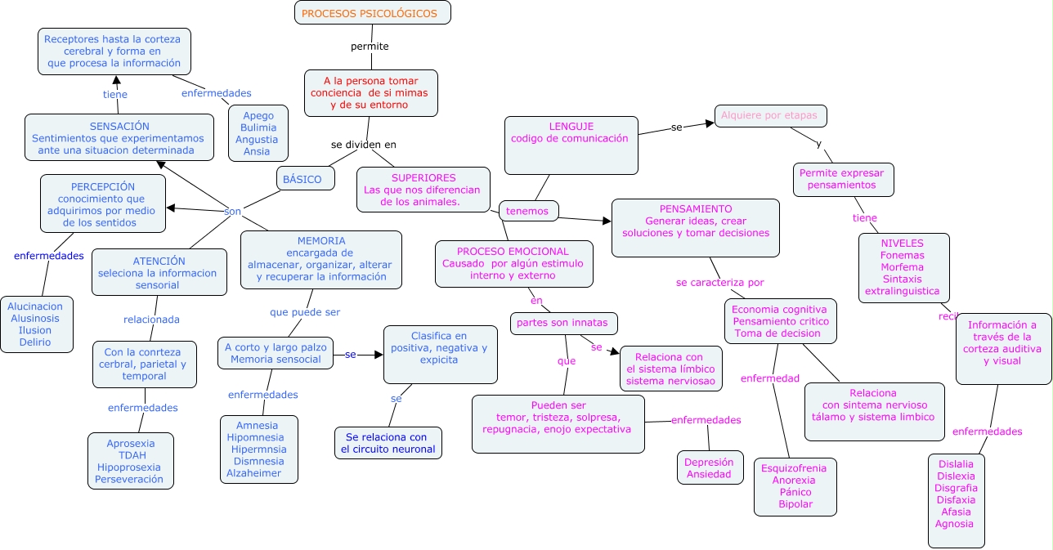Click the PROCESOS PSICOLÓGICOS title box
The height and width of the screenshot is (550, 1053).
[x=372, y=13]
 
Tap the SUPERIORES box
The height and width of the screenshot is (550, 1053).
[x=423, y=190]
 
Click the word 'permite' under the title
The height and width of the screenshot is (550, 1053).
[x=370, y=47]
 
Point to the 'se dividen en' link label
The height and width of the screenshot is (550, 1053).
[x=363, y=145]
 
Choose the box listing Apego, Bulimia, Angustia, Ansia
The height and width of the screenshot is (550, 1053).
[x=257, y=134]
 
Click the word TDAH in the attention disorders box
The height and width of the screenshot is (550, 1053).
[x=131, y=455]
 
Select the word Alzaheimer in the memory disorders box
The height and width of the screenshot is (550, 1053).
[x=253, y=473]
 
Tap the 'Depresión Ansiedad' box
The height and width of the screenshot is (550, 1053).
[x=710, y=468]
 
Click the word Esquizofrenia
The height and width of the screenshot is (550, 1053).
[x=793, y=468]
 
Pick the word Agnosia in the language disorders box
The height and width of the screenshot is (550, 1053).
[x=954, y=524]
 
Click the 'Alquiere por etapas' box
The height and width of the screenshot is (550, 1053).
[x=769, y=116]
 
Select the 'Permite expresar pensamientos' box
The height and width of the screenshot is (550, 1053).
[x=842, y=179]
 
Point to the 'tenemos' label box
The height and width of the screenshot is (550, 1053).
[x=528, y=211]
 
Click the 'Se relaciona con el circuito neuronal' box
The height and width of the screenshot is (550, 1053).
[x=388, y=443]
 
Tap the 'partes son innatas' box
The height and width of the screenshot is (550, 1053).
[x=563, y=323]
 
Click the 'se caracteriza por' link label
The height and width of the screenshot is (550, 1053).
[x=719, y=283]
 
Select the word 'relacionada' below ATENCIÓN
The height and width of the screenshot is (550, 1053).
[x=151, y=320]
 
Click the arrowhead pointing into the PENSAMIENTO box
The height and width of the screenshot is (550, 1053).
[x=606, y=221]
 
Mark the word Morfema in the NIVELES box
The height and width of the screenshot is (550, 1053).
[x=903, y=267]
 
